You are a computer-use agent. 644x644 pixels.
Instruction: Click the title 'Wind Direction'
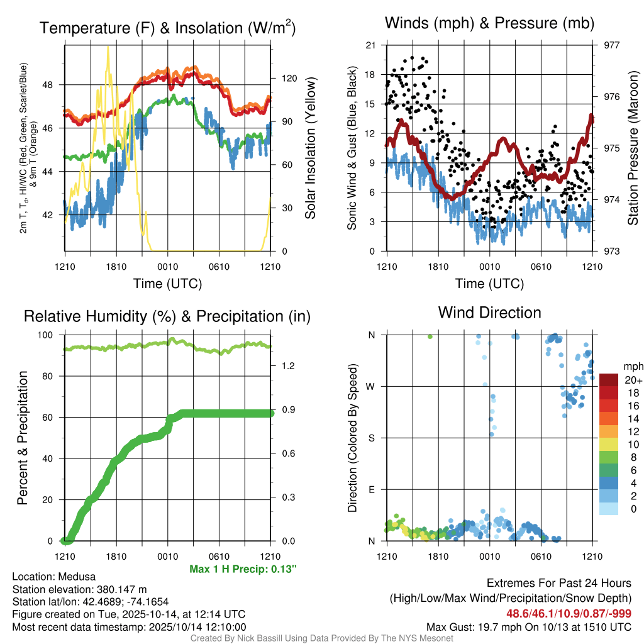[x=489, y=313]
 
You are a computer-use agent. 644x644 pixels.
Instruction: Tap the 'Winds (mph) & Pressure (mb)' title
[x=489, y=24]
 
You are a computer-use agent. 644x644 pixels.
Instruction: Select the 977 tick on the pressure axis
[x=611, y=45]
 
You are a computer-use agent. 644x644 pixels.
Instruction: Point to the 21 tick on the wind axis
[x=370, y=45]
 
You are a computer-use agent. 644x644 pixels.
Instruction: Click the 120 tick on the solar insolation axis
[x=289, y=79]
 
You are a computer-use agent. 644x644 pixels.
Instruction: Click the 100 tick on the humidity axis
[x=53, y=335]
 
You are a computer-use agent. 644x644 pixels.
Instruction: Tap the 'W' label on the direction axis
[x=372, y=387]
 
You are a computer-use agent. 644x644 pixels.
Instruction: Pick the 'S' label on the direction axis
[x=372, y=438]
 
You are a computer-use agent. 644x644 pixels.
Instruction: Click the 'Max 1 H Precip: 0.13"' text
[x=243, y=569]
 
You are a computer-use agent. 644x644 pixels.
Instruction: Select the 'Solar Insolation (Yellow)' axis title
[x=310, y=148]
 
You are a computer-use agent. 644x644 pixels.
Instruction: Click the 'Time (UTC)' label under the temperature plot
[x=167, y=284]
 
